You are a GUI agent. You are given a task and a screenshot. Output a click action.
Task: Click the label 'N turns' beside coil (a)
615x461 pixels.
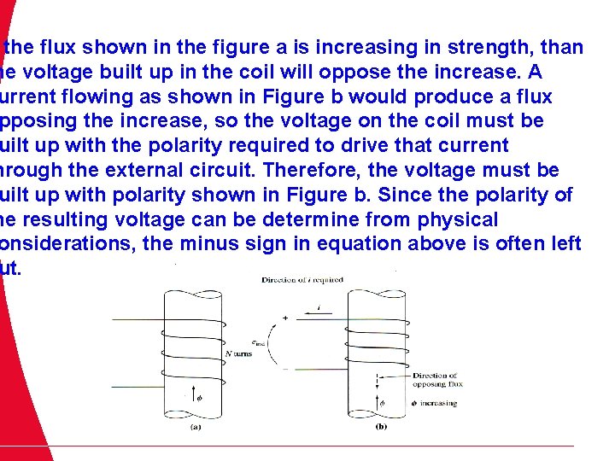238,353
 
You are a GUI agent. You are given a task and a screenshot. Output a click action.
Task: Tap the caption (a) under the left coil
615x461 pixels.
196,430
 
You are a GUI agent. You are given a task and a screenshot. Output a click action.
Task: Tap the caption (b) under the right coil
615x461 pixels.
380,430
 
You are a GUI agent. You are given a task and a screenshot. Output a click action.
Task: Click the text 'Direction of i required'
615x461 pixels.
302,280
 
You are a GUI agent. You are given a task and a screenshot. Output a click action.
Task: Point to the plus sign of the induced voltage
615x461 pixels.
284,318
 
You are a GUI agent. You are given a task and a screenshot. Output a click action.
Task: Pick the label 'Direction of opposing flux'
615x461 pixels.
436,380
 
